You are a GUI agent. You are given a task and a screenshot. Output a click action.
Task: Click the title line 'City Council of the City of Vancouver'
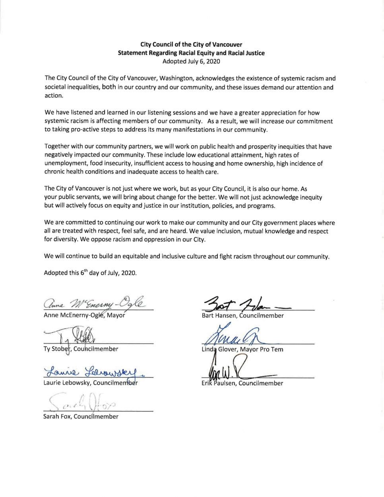(x=191, y=45)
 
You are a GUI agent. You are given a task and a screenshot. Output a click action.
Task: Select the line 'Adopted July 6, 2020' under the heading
(x=191, y=61)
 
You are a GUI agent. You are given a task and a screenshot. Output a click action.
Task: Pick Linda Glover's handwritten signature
(x=235, y=336)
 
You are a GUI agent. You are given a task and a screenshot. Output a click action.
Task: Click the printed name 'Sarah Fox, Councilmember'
(x=81, y=416)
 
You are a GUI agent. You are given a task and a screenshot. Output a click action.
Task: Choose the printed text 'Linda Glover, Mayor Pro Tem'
(x=242, y=349)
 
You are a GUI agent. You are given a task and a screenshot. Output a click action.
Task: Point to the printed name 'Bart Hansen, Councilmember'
(x=242, y=316)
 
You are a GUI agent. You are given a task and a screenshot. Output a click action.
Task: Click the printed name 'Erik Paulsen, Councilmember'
(x=242, y=383)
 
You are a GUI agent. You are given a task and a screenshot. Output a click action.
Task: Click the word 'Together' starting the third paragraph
(x=57, y=146)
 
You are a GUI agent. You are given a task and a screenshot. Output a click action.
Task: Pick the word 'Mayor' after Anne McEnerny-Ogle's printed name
(x=116, y=315)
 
